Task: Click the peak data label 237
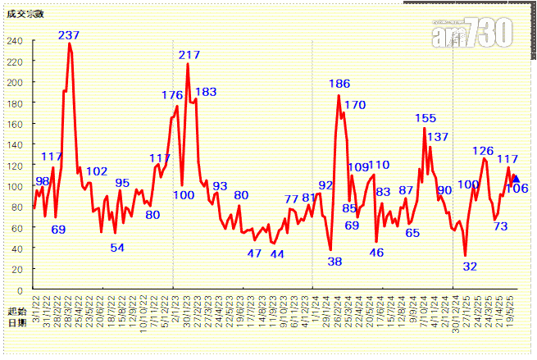(x=69, y=35)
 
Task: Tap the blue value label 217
(x=189, y=55)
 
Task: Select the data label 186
(x=339, y=84)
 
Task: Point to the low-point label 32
(x=470, y=267)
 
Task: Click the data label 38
(x=334, y=262)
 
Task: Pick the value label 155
(x=426, y=119)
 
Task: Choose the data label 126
(x=483, y=151)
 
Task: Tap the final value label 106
(x=517, y=189)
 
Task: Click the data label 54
(x=117, y=248)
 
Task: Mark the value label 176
(x=171, y=95)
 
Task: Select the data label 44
(x=277, y=254)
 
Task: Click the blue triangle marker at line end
(x=516, y=178)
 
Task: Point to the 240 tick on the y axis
(x=16, y=41)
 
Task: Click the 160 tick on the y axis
(x=16, y=125)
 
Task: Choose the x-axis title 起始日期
(x=16, y=317)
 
